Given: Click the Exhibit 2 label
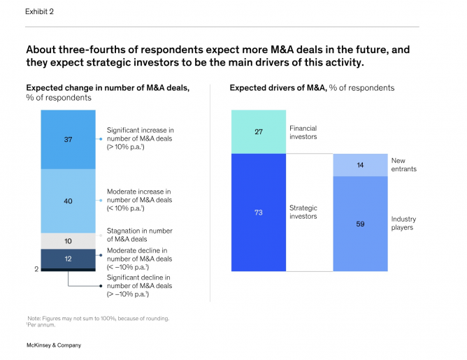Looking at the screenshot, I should coord(40,11).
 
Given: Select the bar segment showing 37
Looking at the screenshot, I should coord(67,139).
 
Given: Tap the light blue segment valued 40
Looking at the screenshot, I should coord(67,201).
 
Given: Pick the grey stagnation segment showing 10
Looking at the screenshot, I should coord(67,240).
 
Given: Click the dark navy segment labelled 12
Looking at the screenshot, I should coord(67,259).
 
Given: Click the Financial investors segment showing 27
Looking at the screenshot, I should coord(258,131).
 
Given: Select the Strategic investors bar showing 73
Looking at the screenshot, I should coord(258,212).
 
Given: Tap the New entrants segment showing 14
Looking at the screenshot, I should coord(359,165).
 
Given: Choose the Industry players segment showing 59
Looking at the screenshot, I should coord(359,224).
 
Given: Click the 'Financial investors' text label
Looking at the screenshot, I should coord(303,132).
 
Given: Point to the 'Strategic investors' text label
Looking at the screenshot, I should coord(303,212).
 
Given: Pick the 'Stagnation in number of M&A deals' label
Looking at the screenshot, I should coord(140,235).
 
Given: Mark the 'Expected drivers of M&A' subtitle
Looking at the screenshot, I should coord(312,88).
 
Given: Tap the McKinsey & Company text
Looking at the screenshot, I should coord(53,345).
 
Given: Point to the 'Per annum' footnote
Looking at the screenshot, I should coord(43,324).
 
